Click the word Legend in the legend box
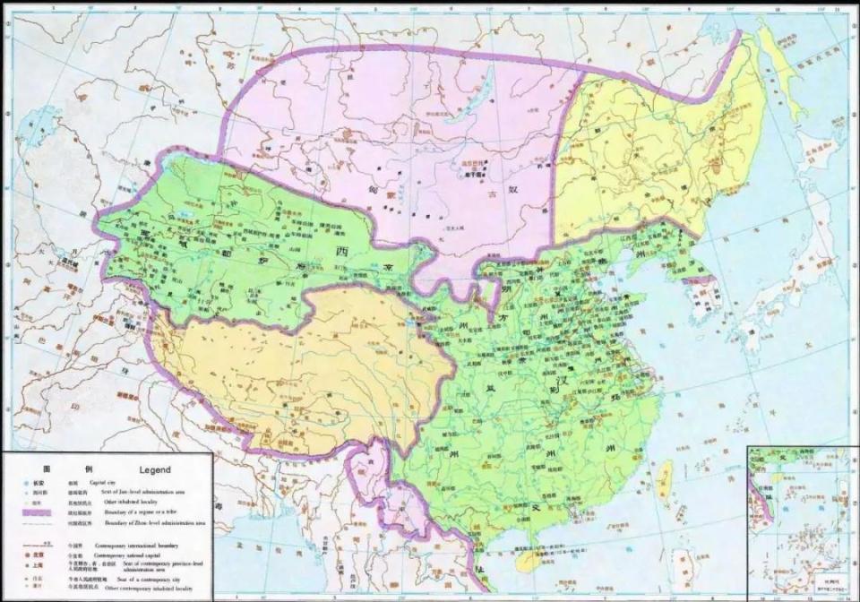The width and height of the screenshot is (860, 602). (155, 469)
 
